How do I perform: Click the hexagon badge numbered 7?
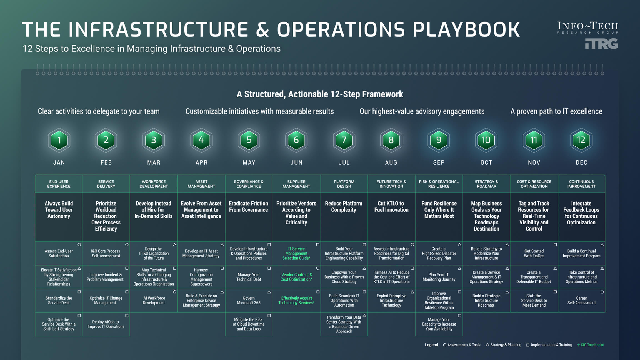(344, 140)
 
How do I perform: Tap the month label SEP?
(439, 162)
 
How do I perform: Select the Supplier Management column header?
(296, 184)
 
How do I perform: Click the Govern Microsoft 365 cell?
(249, 301)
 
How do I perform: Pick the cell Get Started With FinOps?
(534, 253)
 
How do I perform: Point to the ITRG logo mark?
(601, 44)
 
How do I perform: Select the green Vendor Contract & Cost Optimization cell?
(296, 277)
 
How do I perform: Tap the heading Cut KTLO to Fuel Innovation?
(391, 207)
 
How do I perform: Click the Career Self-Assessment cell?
(581, 301)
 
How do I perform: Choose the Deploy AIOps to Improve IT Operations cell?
(106, 324)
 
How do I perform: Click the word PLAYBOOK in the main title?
(466, 29)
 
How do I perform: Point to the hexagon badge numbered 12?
(581, 140)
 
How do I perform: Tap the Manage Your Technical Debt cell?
(249, 277)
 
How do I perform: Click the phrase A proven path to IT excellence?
(556, 111)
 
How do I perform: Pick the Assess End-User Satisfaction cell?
(59, 253)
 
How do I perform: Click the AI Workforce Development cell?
(154, 301)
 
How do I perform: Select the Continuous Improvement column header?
(581, 184)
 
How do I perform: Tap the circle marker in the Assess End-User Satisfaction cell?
(79, 245)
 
